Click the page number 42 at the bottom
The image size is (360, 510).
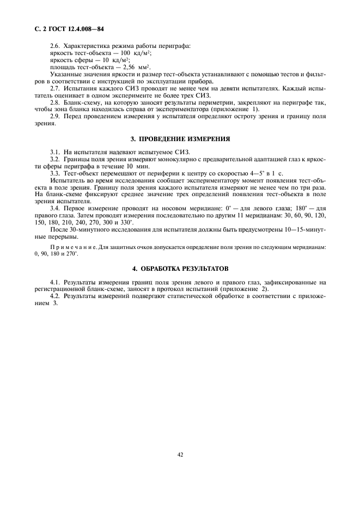[180, 456]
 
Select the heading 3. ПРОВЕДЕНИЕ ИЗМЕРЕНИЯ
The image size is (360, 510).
[180, 139]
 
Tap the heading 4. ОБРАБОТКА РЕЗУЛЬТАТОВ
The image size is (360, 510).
[180, 269]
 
